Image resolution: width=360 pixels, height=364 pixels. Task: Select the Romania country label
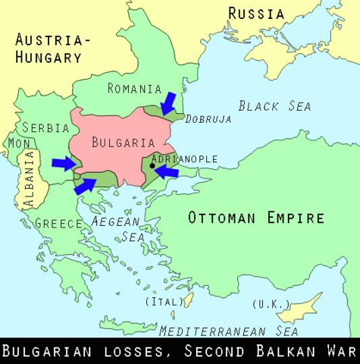click(135, 89)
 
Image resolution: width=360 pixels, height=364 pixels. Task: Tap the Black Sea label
click(274, 105)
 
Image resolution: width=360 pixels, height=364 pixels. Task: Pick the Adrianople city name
click(185, 158)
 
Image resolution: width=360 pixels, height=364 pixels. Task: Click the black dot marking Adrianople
click(153, 165)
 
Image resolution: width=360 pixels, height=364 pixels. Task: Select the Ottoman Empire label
click(256, 218)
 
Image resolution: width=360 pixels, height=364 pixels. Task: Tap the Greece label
click(58, 223)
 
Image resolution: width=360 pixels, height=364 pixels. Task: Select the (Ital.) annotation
click(164, 301)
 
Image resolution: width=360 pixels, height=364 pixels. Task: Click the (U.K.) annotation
click(269, 304)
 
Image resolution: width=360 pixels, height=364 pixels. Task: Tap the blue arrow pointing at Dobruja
click(168, 103)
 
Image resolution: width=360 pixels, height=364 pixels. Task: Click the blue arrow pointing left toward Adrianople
click(166, 173)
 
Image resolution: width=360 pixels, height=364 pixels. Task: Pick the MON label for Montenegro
click(17, 143)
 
